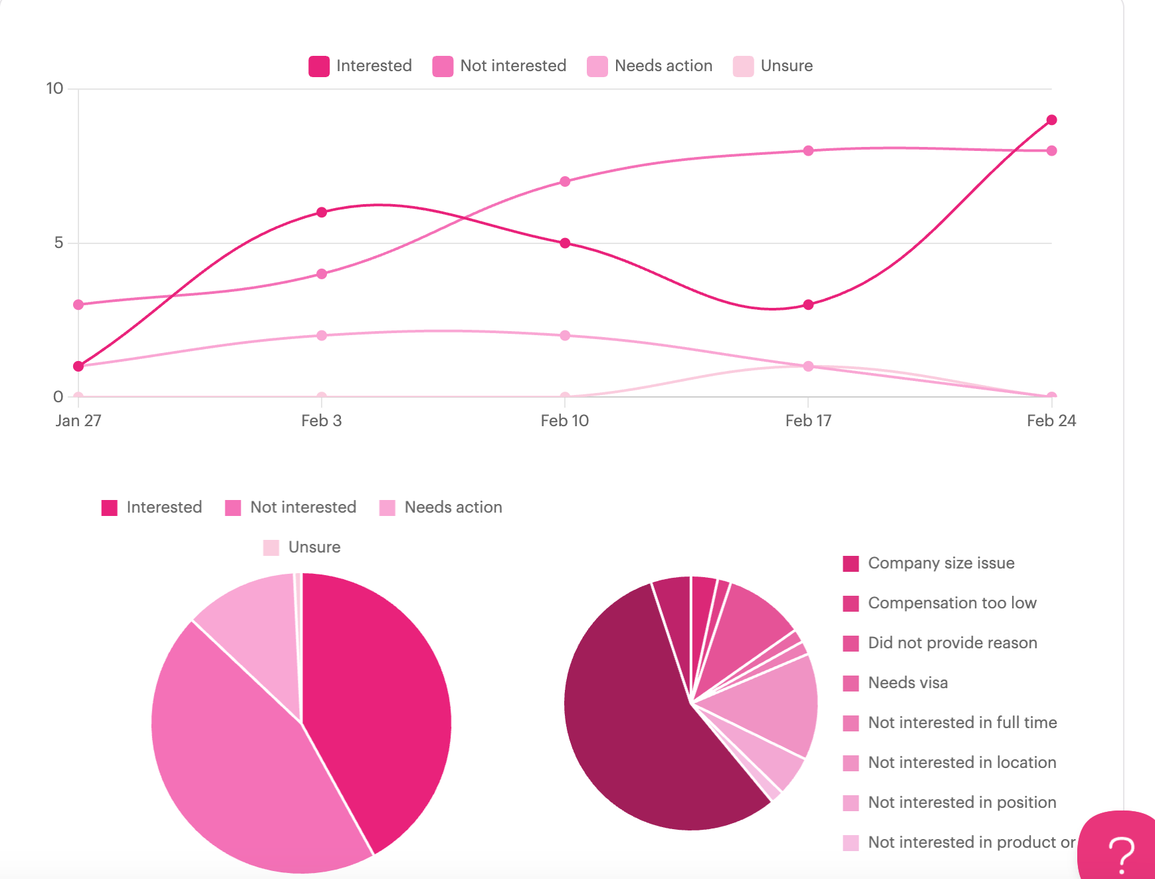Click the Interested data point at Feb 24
point(1051,120)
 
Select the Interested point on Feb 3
point(322,212)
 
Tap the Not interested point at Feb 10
point(565,182)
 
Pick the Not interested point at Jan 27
point(78,305)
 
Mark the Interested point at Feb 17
point(808,305)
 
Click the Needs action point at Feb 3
point(322,335)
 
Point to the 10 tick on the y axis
point(55,88)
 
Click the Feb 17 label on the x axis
point(808,421)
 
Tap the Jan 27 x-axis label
point(78,421)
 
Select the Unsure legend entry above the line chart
point(773,66)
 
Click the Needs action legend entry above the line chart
point(650,66)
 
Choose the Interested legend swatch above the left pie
point(110,508)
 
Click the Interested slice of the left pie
point(379,705)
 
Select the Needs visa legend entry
point(907,683)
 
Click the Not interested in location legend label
point(962,763)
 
